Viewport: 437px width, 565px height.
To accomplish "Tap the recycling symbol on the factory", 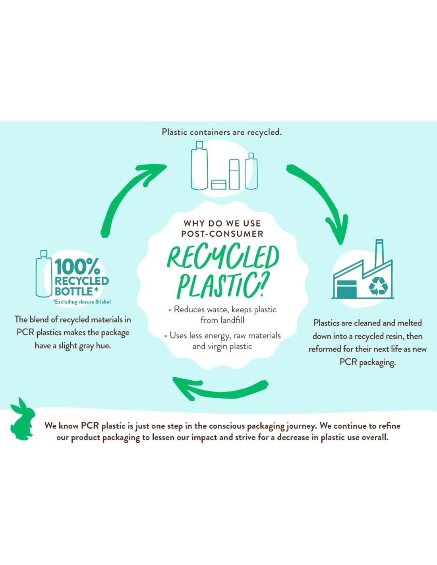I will (378, 286).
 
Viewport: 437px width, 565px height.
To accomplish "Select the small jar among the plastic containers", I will (218, 184).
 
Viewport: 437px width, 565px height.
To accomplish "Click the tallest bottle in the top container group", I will (199, 166).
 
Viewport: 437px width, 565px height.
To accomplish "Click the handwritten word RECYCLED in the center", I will (223, 257).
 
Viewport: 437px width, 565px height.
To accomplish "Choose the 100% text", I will (77, 266).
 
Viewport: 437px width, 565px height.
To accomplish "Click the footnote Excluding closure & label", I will (82, 302).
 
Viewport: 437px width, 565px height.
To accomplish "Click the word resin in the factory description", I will (393, 336).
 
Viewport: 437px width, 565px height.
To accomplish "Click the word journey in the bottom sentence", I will (300, 426).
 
